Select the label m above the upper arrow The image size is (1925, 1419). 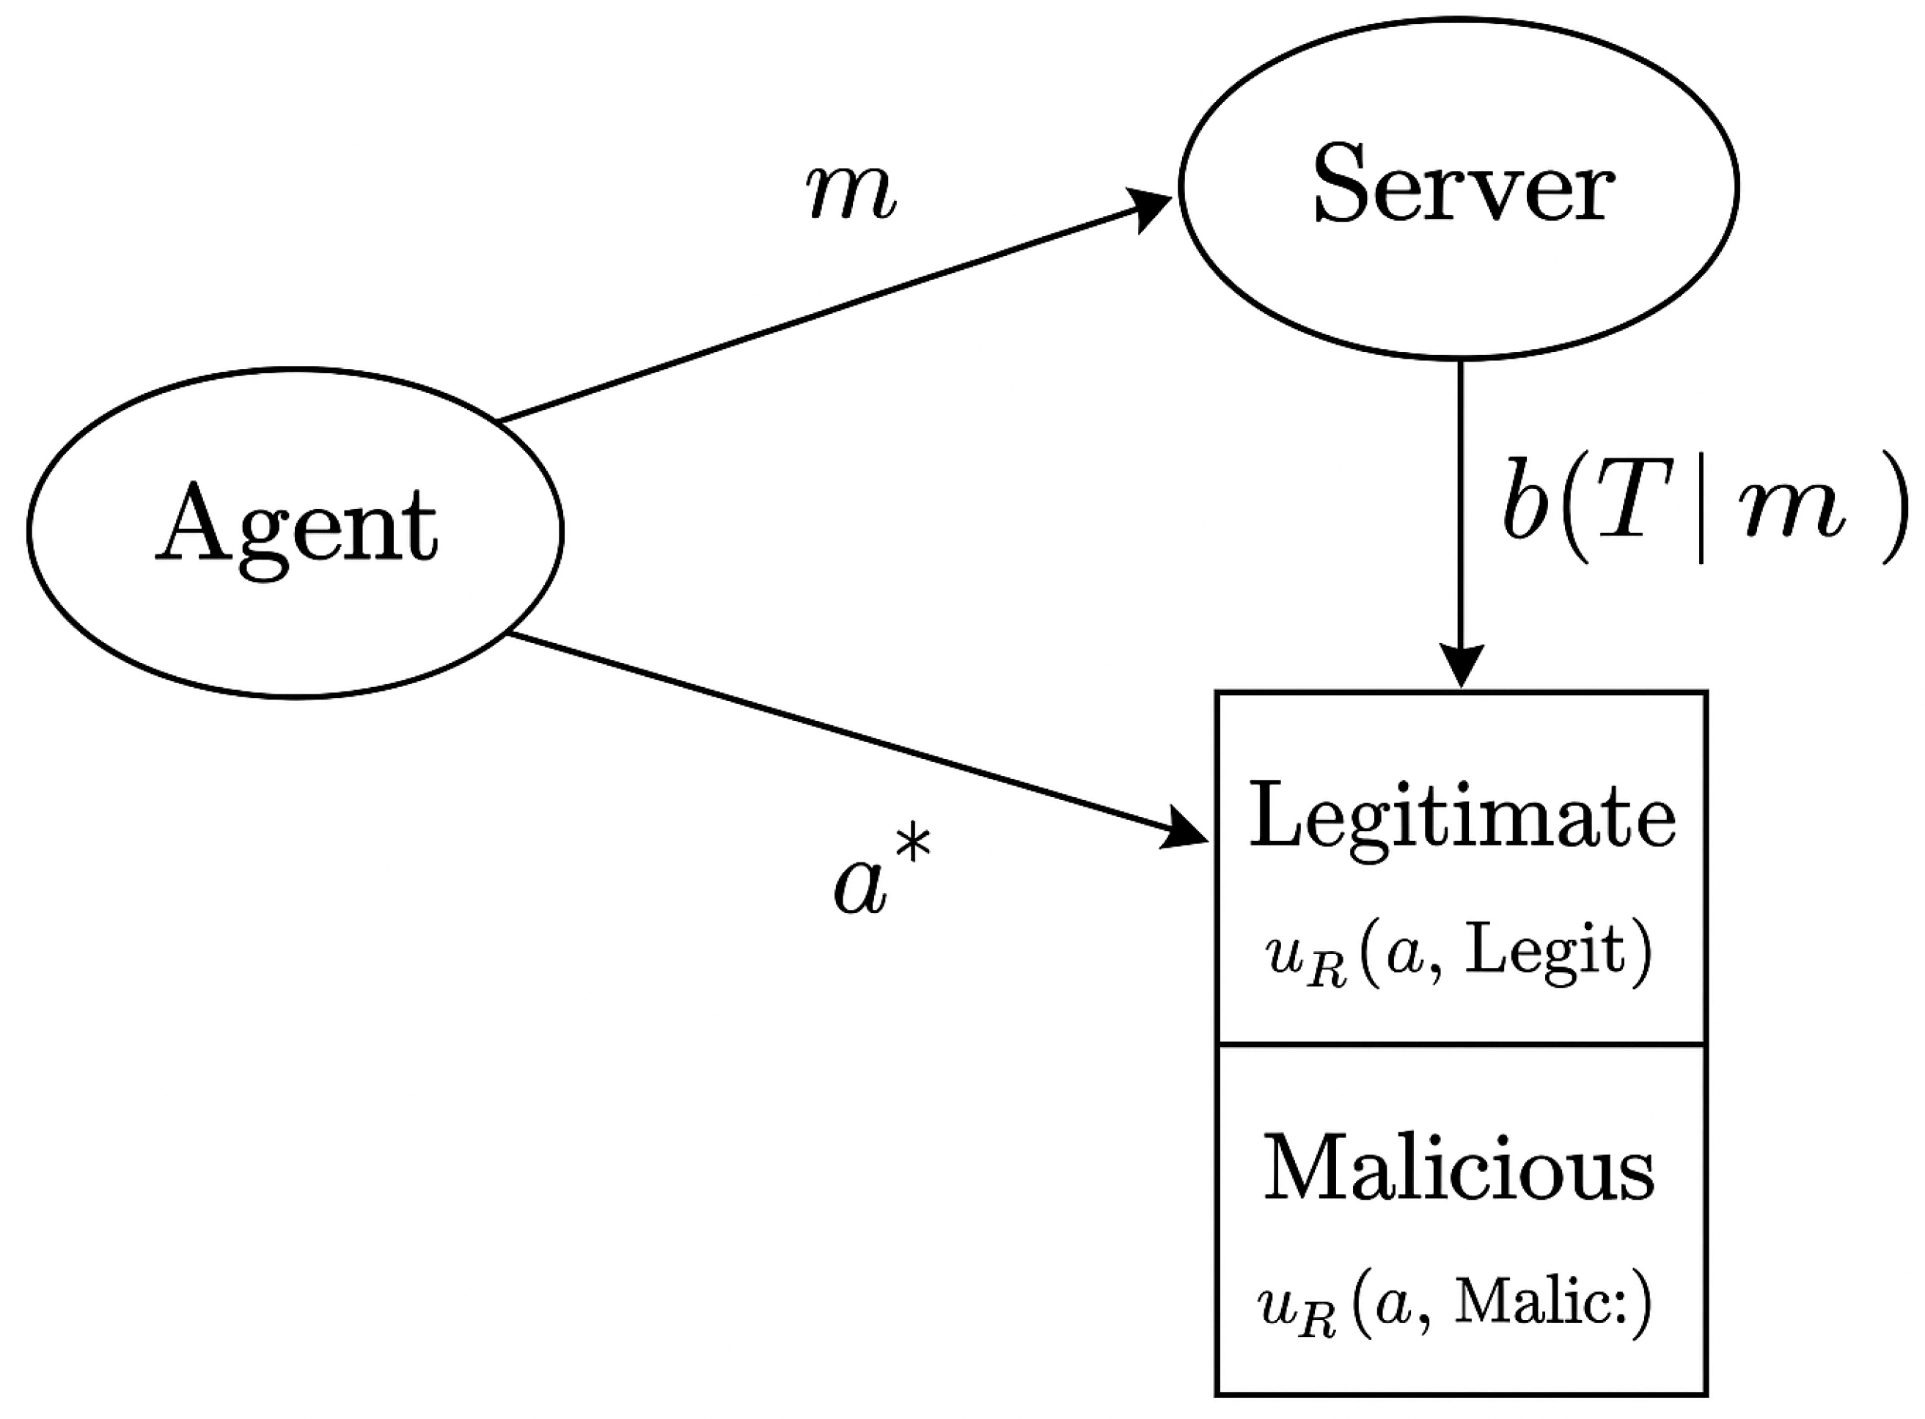pos(851,194)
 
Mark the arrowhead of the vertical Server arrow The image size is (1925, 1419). pos(1460,667)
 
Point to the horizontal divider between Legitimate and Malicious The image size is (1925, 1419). pos(1460,1044)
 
